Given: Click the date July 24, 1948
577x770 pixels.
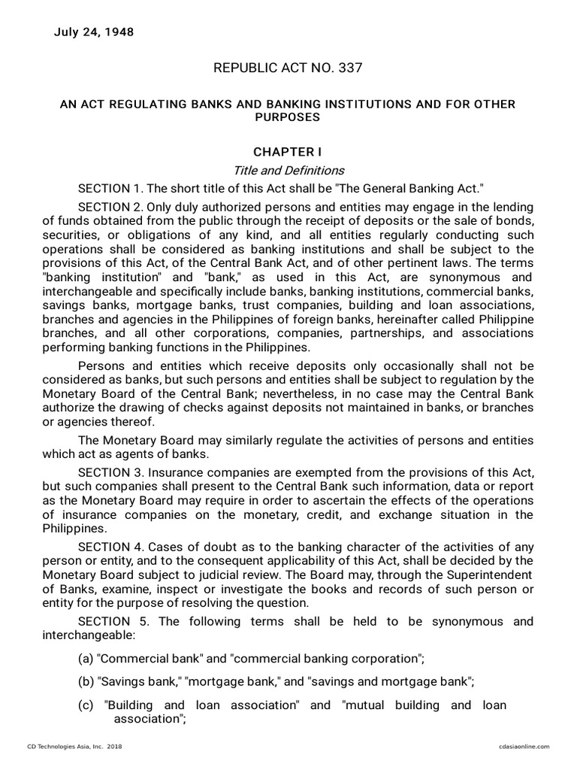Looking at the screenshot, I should [94, 32].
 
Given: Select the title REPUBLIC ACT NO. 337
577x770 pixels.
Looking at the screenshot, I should [288, 68].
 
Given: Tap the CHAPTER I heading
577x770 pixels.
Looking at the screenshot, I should [288, 152].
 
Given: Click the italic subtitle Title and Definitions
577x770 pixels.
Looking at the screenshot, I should [288, 171].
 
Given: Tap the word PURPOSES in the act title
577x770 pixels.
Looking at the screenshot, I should [288, 117].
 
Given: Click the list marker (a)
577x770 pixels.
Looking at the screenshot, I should [86, 659].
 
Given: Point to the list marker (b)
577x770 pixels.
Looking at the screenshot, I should [86, 682].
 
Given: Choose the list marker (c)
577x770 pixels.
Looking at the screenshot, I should [85, 705].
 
